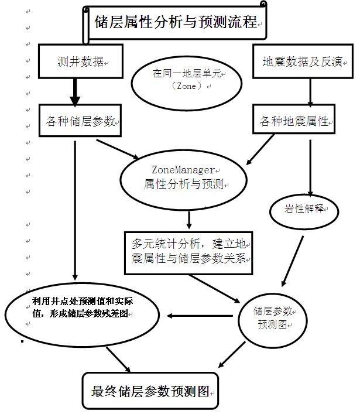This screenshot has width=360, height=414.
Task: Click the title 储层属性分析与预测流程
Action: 176,22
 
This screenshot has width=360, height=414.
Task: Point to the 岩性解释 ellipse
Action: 304,208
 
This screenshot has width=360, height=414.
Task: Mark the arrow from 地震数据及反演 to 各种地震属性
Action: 310,91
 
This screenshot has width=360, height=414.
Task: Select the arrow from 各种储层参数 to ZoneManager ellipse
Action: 117,149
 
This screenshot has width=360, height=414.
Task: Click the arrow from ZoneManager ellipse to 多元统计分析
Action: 188,219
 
